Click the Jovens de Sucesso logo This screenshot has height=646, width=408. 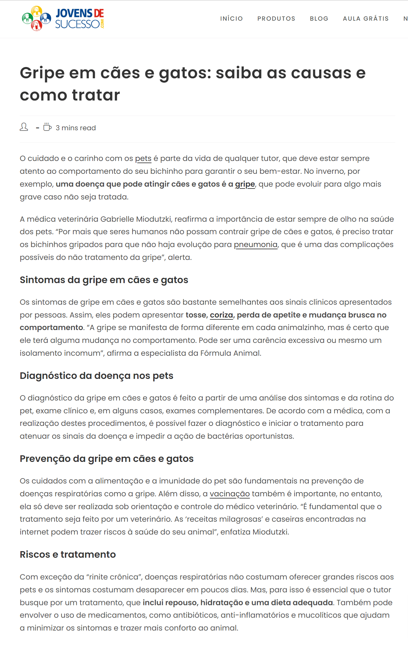pyautogui.click(x=63, y=18)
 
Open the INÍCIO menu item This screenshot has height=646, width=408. pyautogui.click(x=231, y=18)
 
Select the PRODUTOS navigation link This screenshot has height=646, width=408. pyautogui.click(x=276, y=18)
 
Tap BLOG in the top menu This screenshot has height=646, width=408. pyautogui.click(x=319, y=18)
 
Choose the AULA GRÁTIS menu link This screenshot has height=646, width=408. pyautogui.click(x=366, y=18)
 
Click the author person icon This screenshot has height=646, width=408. pyautogui.click(x=24, y=127)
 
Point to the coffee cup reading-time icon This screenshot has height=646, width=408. pyautogui.click(x=47, y=127)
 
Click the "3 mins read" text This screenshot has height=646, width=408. pyautogui.click(x=76, y=128)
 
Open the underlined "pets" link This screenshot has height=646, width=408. pyautogui.click(x=143, y=158)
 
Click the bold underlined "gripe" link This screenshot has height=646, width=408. pyautogui.click(x=245, y=184)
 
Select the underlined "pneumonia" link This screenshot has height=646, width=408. pyautogui.click(x=255, y=245)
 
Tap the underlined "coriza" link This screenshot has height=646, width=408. pyautogui.click(x=221, y=315)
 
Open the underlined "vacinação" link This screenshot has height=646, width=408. pyautogui.click(x=229, y=494)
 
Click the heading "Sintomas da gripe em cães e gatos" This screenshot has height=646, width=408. pyautogui.click(x=104, y=280)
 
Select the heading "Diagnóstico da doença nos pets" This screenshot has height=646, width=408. pyautogui.click(x=97, y=375)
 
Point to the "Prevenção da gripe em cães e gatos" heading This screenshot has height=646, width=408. pyautogui.click(x=107, y=458)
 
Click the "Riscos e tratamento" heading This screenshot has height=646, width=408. pyautogui.click(x=68, y=554)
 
